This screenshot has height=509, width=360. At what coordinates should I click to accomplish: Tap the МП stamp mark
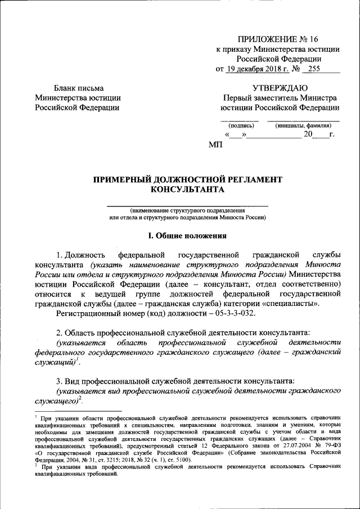point(215,145)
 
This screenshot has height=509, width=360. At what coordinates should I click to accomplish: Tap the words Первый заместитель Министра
point(280,97)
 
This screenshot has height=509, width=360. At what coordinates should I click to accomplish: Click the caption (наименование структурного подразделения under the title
point(187,210)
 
